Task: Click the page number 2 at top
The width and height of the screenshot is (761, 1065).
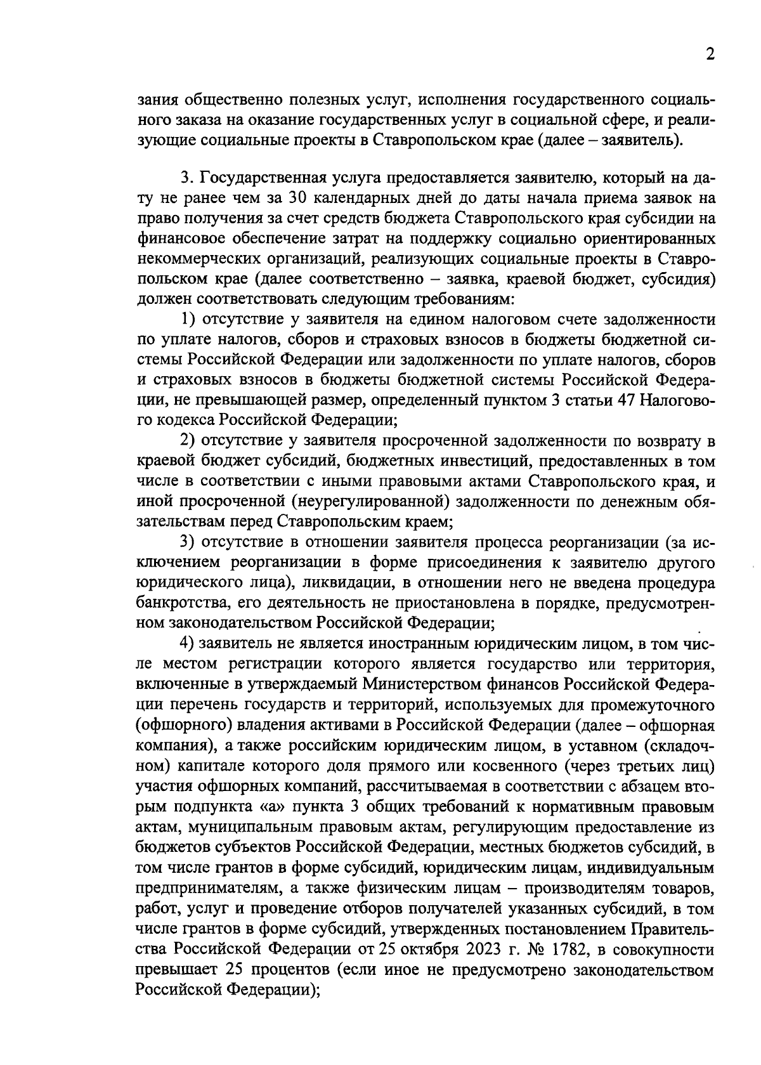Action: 710,55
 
